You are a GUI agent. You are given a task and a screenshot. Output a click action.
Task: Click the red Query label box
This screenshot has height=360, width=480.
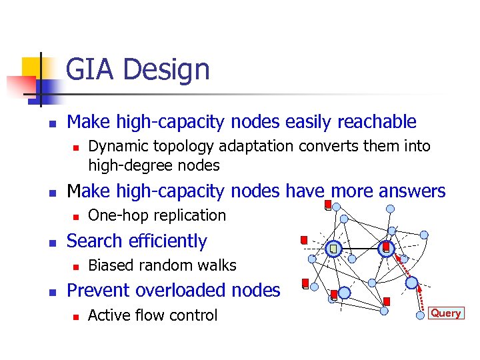tap(446, 313)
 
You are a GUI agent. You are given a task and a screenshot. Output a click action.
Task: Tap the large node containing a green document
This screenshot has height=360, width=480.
tap(334, 249)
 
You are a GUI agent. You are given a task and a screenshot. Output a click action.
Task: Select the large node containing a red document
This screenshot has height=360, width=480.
tap(386, 249)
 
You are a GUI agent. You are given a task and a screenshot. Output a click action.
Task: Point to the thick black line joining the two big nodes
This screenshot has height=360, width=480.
tap(360, 249)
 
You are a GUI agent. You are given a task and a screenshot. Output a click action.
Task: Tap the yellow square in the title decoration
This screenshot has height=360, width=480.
tap(32, 67)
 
